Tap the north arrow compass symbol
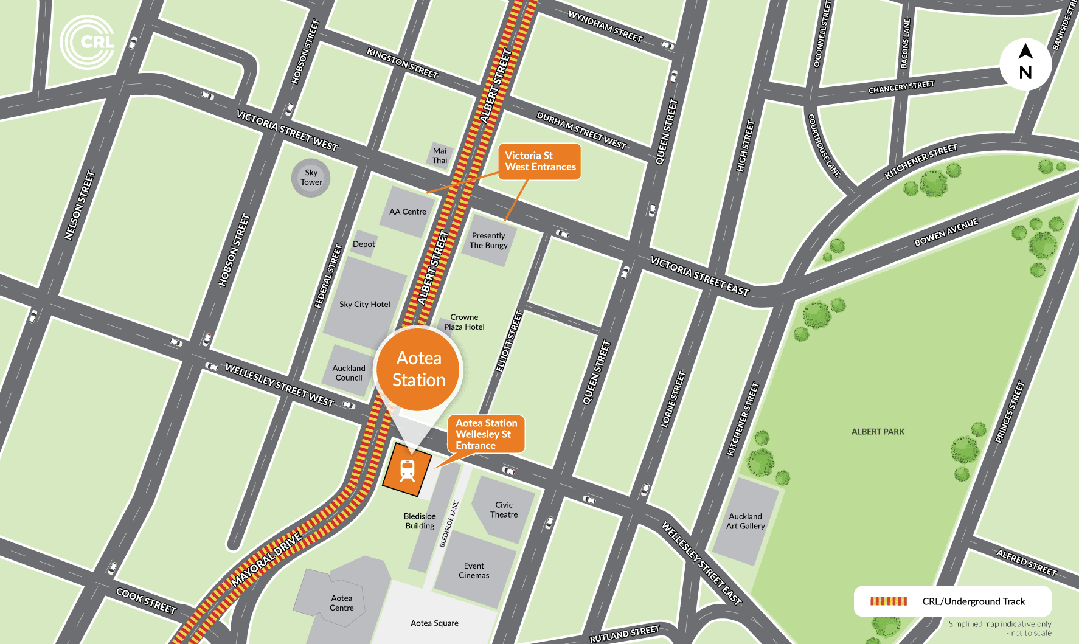coord(1025,63)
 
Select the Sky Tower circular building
coord(311,178)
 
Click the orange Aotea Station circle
coord(418,369)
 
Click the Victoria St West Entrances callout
coord(539,161)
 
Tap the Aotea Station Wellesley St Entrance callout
coord(486,434)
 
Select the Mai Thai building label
coord(440,156)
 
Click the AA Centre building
coord(408,211)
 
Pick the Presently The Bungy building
coord(488,240)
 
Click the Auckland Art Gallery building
coord(746,521)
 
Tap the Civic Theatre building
coord(504,510)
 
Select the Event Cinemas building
coord(474,570)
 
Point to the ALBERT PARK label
coord(878,432)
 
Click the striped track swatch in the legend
coord(888,601)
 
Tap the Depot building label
coord(364,244)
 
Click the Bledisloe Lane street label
coord(449,524)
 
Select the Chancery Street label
coord(901,87)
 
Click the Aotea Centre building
coord(342,602)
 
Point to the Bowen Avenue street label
coord(946,232)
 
